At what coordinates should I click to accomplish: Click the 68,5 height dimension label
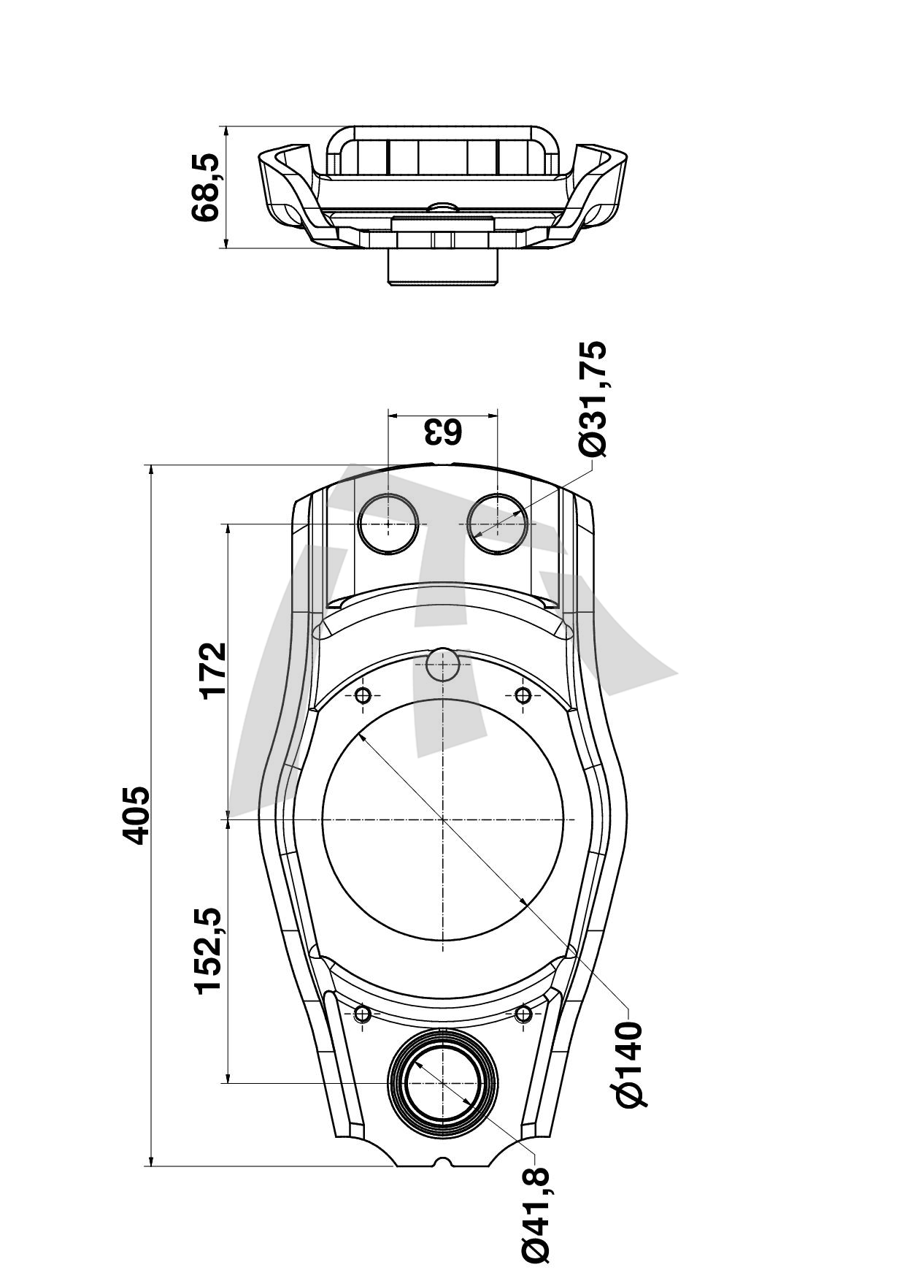204,187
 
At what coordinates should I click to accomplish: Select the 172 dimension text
214,670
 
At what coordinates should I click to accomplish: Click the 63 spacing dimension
443,432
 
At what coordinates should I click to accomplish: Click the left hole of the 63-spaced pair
388,524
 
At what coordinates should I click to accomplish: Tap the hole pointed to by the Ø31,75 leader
498,524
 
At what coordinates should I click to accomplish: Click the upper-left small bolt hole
363,695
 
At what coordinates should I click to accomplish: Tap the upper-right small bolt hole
523,695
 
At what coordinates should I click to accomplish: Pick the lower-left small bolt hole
363,1013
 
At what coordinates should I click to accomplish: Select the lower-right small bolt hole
523,1013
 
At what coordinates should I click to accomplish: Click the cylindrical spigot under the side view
443,267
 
